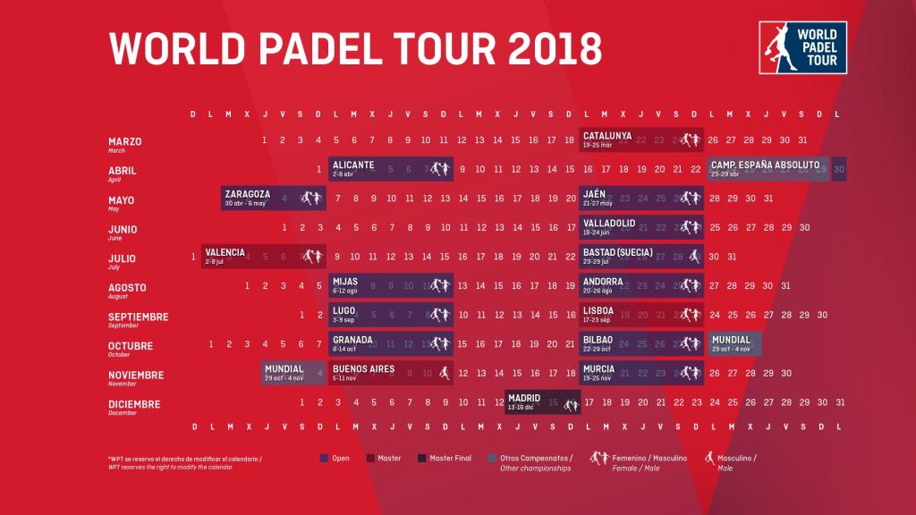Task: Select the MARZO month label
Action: tap(125, 141)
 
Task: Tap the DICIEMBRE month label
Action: tap(134, 404)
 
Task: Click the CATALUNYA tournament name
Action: tap(607, 136)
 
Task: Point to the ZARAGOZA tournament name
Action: tap(248, 194)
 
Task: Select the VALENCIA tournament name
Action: tap(225, 252)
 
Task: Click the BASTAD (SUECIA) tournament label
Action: tap(617, 252)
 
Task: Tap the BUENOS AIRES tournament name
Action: tap(363, 368)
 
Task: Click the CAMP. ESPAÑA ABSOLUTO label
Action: tap(765, 165)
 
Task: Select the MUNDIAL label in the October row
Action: tap(732, 340)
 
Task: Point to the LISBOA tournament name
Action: tap(598, 310)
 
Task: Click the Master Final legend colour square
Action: tap(420, 459)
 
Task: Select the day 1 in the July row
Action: tap(193, 257)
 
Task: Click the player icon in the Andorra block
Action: tap(691, 286)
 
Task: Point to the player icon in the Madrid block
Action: tap(570, 404)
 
